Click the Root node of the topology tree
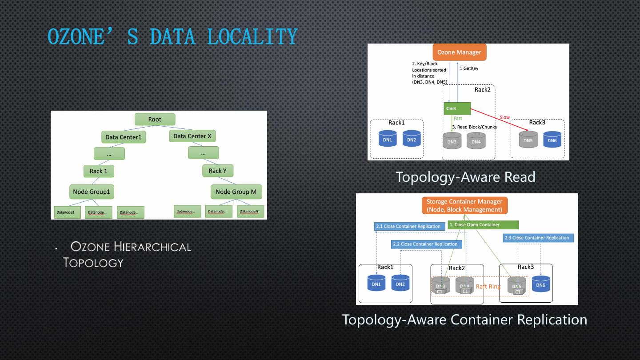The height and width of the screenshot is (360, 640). click(155, 119)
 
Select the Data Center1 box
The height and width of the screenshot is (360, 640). click(123, 137)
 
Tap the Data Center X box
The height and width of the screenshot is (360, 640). click(192, 136)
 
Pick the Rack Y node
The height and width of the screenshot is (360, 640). click(218, 171)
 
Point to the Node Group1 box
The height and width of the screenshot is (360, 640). click(92, 192)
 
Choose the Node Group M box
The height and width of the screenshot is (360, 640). click(236, 192)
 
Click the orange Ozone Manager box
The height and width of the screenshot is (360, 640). click(459, 52)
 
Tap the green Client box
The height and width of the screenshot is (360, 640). click(457, 108)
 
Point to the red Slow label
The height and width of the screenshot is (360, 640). click(505, 117)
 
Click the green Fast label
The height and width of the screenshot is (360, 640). click(458, 118)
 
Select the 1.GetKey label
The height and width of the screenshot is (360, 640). click(469, 68)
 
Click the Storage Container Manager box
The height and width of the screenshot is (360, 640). click(464, 205)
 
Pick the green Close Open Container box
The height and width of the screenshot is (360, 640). click(483, 225)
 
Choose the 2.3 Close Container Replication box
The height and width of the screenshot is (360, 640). click(538, 238)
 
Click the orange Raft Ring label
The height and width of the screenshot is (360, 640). click(488, 287)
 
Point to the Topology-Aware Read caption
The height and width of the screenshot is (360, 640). click(465, 177)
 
